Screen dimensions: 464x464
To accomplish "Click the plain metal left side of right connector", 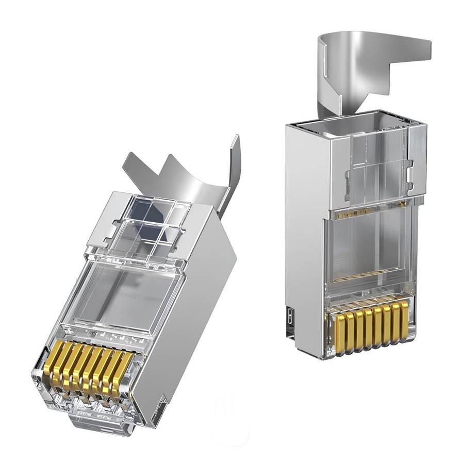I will click(304, 232).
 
